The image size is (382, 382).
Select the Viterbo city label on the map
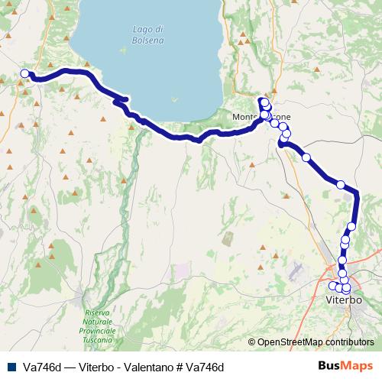click(345, 301)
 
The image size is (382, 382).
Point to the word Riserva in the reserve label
click(99, 313)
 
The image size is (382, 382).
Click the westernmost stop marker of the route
click(24, 74)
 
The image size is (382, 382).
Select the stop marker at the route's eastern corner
click(341, 184)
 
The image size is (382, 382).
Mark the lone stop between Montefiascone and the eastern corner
click(306, 157)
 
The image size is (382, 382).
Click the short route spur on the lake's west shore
click(120, 99)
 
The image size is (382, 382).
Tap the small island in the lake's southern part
click(175, 98)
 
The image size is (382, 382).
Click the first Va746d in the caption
click(43, 367)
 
